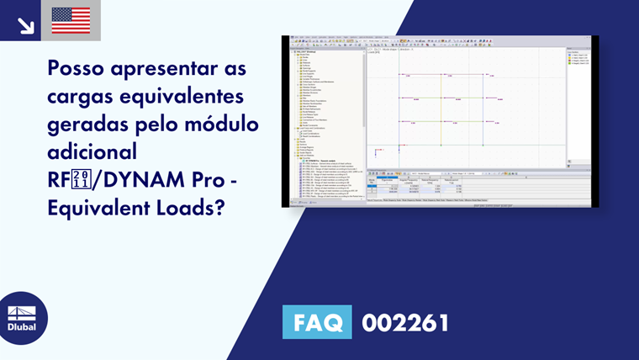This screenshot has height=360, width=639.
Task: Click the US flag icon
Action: point(71,20)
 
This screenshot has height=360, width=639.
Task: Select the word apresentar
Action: point(161,66)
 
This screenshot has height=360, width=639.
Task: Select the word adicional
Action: point(92,151)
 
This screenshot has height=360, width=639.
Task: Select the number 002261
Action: point(405,322)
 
